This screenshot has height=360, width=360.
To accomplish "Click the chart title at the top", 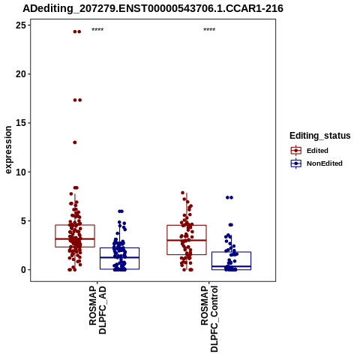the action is pos(153,9).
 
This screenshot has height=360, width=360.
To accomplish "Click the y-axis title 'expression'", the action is pos(8,150).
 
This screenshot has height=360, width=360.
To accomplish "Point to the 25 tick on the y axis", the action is pos(21,25).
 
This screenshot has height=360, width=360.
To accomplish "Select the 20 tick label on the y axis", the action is pos(21,74).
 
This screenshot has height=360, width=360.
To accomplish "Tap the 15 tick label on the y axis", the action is pos(21,123).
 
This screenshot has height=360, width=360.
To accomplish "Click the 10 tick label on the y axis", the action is pos(21,172).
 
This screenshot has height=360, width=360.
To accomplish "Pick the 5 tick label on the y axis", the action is pos(24,221).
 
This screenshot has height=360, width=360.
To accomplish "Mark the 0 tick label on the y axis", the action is pos(24,270).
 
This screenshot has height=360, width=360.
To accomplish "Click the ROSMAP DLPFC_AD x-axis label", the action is pos(97,310).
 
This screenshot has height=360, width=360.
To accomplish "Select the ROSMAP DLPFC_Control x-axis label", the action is pos(209,319).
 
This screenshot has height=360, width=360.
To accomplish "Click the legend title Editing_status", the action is pos(320,136).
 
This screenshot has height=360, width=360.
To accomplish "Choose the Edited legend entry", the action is pos(317,151).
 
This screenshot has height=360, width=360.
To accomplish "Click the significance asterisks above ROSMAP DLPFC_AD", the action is pos(97,30).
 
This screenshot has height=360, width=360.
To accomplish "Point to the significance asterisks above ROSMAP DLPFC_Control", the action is pos(209,30).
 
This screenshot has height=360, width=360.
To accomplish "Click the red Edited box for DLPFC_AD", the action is pos(75,225).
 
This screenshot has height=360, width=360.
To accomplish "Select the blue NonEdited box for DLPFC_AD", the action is pos(119,248).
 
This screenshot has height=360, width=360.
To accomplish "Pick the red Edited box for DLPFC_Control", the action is pos(187,226).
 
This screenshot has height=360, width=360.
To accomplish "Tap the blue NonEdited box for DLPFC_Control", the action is pos(231,252).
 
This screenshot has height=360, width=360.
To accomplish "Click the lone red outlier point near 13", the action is pos(75,142).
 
